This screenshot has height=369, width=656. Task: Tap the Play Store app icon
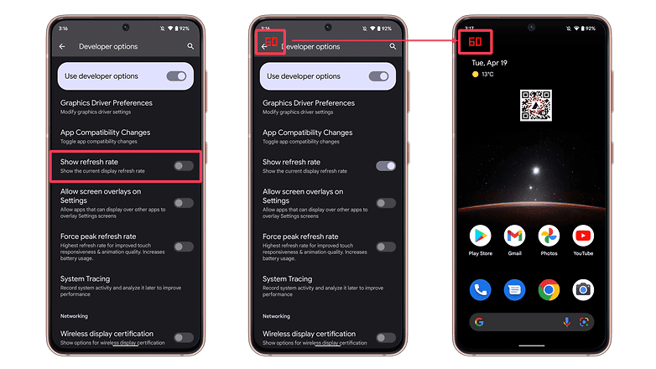pyautogui.click(x=481, y=236)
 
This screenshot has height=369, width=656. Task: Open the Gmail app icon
pyautogui.click(x=514, y=236)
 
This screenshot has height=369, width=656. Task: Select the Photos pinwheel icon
pyautogui.click(x=549, y=236)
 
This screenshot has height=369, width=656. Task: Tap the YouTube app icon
pyautogui.click(x=583, y=236)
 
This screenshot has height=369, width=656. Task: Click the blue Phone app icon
pyautogui.click(x=481, y=289)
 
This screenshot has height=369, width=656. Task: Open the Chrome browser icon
pyautogui.click(x=549, y=289)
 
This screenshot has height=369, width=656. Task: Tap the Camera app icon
pyautogui.click(x=583, y=289)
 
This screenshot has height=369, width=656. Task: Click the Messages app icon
pyautogui.click(x=514, y=289)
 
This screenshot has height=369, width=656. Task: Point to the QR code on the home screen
pyautogui.click(x=536, y=106)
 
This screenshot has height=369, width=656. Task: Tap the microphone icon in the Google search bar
pyautogui.click(x=566, y=322)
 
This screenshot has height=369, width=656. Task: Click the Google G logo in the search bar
pyautogui.click(x=480, y=322)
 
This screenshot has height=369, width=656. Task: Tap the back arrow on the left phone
pyautogui.click(x=62, y=46)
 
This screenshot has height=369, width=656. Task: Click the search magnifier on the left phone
pyautogui.click(x=190, y=46)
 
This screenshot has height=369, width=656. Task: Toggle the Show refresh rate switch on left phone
pyautogui.click(x=184, y=166)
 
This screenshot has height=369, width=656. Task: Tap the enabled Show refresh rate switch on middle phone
pyautogui.click(x=386, y=166)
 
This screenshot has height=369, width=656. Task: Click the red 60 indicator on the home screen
pyautogui.click(x=475, y=42)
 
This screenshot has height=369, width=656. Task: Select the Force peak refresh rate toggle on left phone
pyautogui.click(x=184, y=247)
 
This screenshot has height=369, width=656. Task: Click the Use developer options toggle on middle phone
pyautogui.click(x=378, y=76)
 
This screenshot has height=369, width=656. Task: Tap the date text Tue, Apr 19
pyautogui.click(x=490, y=63)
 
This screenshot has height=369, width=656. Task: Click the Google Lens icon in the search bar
pyautogui.click(x=584, y=322)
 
